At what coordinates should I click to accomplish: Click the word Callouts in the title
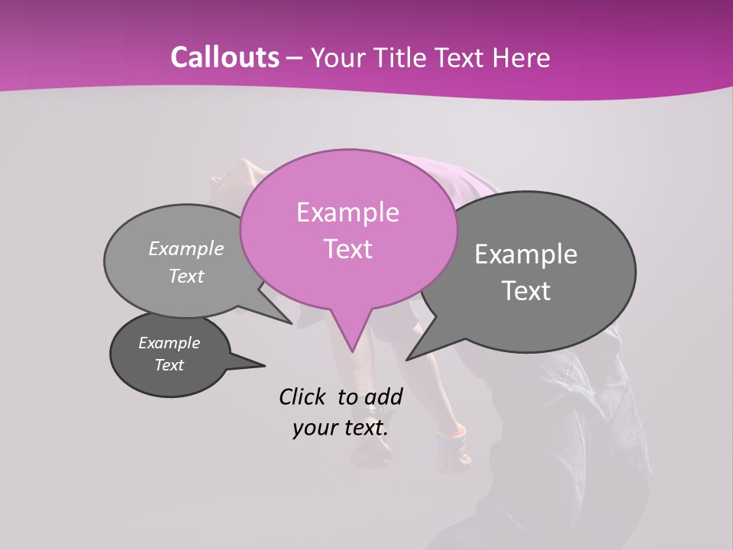point(224,57)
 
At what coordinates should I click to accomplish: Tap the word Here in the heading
point(521,57)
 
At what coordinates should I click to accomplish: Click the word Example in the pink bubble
point(347,212)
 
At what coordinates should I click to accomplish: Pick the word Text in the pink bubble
point(347,249)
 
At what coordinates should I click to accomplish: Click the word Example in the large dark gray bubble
point(526,254)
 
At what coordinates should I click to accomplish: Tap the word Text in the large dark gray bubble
point(526,291)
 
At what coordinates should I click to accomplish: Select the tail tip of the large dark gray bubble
point(407,359)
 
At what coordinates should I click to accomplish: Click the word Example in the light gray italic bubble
point(186,248)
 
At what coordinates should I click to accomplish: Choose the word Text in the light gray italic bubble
point(186,276)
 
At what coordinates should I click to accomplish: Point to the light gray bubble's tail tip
point(291,323)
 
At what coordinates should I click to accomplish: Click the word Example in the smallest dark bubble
point(169,343)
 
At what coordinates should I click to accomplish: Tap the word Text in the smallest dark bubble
point(169,365)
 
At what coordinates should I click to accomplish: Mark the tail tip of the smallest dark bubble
point(265,364)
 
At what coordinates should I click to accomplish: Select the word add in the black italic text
point(383,396)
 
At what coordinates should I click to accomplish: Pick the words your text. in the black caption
point(341,428)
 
